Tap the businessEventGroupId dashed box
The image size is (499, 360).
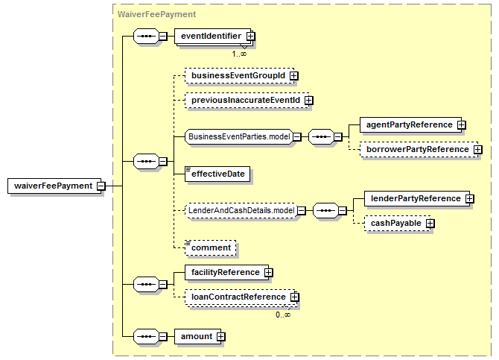tap(238, 75)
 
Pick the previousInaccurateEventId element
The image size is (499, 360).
tap(245, 100)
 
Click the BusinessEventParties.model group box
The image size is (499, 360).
tap(238, 136)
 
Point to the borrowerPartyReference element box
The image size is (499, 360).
tap(416, 149)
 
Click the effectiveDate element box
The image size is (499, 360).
tap(217, 174)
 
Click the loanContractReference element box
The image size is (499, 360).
tap(235, 297)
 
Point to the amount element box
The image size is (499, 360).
tap(196, 337)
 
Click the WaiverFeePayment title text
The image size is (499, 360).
tap(156, 13)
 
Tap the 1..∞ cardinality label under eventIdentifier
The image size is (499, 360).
tap(239, 53)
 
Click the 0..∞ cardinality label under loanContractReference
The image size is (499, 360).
tap(283, 315)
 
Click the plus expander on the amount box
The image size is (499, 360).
tap(221, 337)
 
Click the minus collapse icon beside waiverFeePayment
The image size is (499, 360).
tap(99, 186)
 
